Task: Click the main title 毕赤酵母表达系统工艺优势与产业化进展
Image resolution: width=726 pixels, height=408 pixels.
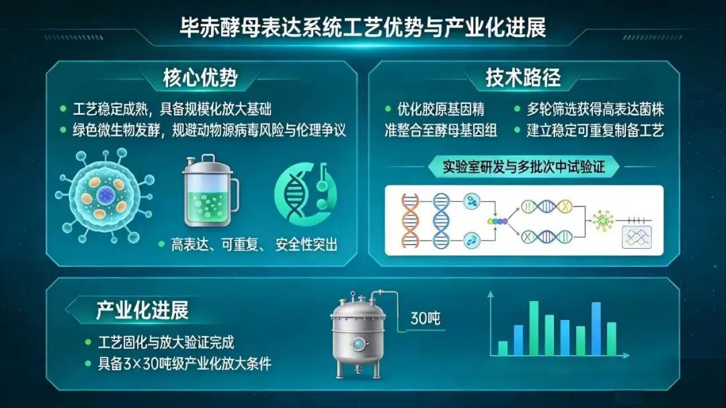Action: click(363, 28)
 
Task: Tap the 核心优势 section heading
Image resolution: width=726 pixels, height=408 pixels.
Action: click(200, 78)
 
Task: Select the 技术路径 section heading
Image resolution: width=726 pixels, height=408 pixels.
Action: click(523, 78)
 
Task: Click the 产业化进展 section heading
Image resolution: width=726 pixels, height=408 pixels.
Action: click(142, 311)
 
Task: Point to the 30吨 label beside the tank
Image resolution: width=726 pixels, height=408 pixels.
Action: click(425, 318)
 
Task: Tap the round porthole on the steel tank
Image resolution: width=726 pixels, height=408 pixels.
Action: click(358, 343)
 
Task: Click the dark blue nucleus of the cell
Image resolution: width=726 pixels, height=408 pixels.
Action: click(105, 196)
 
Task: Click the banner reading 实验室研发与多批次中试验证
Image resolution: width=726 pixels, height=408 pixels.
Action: click(524, 167)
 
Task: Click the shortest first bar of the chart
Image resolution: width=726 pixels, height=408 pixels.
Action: click(502, 348)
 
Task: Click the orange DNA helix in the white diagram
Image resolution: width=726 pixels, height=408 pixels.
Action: click(410, 220)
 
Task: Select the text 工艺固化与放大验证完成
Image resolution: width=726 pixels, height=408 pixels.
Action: click(166, 343)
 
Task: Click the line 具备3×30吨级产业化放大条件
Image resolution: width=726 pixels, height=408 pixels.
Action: click(185, 364)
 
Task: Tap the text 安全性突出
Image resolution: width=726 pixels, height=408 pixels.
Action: click(307, 244)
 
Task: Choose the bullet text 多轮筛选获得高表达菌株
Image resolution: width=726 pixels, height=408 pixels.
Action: click(596, 110)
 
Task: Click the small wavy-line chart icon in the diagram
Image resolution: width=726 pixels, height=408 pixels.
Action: click(637, 237)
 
